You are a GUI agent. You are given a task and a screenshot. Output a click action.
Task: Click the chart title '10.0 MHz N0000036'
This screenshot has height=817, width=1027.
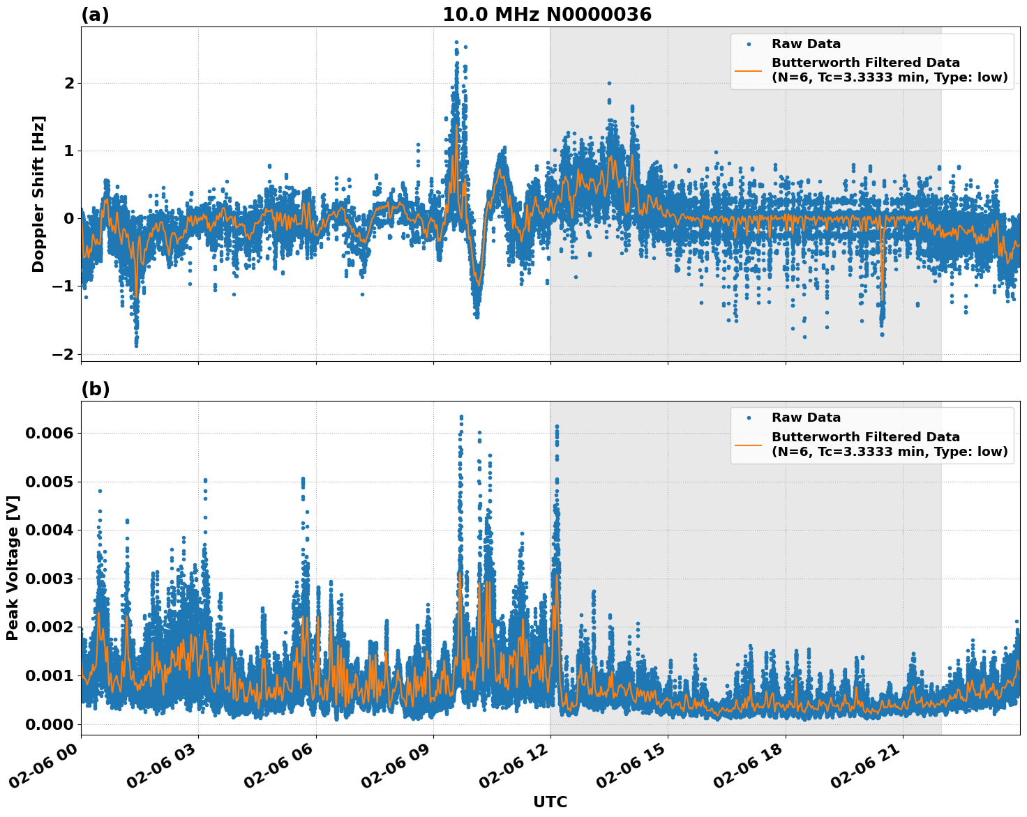coord(547,15)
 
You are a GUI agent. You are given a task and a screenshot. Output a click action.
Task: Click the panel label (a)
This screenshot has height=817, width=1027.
coord(95,15)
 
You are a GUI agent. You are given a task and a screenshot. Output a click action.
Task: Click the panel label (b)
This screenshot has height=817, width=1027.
coord(95,389)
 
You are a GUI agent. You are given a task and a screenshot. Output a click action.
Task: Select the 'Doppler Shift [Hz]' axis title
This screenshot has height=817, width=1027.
coord(38,194)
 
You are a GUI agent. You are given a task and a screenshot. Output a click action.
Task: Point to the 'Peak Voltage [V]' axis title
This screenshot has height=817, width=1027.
coord(13,567)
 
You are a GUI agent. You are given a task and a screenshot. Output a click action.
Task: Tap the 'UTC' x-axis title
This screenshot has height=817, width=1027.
coord(550,802)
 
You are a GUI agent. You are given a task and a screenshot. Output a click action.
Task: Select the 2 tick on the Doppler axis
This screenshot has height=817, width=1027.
coord(69,83)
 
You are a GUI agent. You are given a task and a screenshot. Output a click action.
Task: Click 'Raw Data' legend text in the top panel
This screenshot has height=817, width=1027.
coord(806,44)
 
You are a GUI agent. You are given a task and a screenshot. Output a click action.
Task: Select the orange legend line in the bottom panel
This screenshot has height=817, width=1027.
coord(749,444)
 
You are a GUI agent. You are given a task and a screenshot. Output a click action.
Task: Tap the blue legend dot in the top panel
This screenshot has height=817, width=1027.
coord(749,44)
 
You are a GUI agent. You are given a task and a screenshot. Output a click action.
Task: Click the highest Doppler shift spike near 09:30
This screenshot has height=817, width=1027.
coord(456,43)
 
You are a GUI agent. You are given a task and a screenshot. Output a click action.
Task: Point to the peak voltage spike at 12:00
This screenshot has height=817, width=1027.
coord(557,426)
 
